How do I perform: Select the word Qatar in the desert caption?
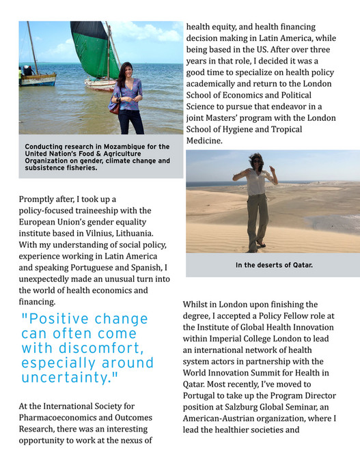(x=301, y=265)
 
